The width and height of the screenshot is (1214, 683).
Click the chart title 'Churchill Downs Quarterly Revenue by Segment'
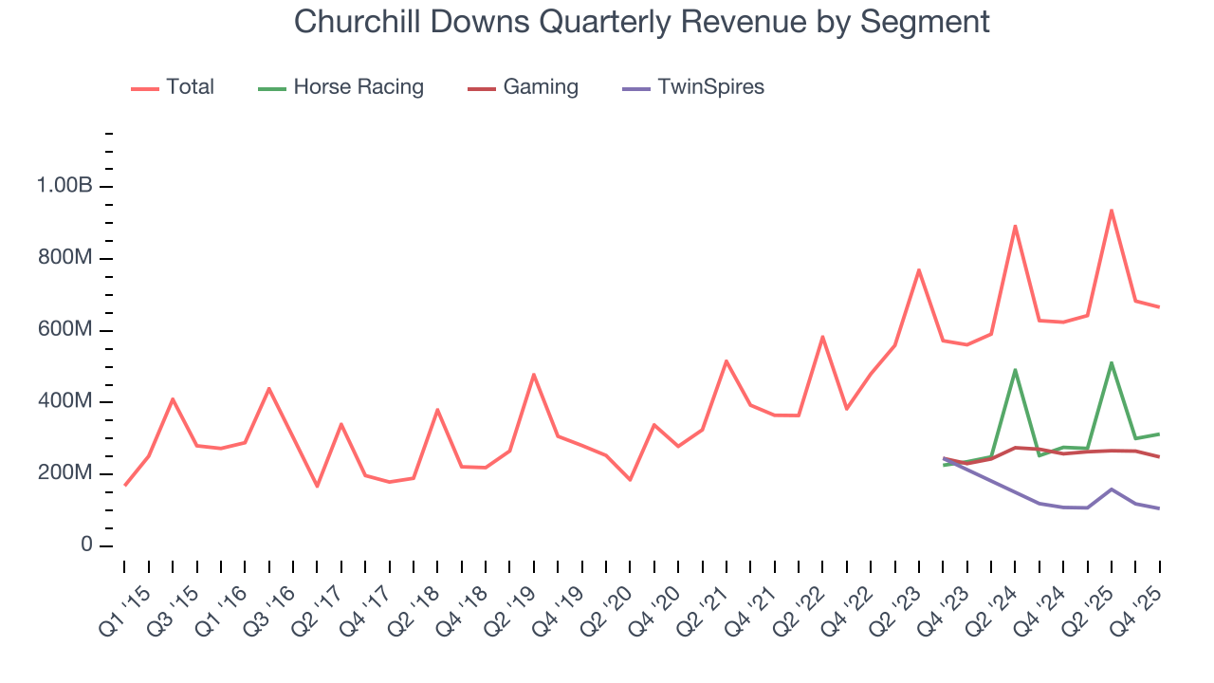pyautogui.click(x=641, y=21)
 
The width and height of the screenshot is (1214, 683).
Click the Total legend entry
pyautogui.click(x=190, y=87)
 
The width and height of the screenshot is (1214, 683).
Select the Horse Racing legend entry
pyautogui.click(x=358, y=87)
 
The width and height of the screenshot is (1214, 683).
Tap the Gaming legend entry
pyautogui.click(x=540, y=87)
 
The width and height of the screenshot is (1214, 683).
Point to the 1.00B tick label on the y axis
pyautogui.click(x=64, y=186)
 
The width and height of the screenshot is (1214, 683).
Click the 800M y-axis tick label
pyautogui.click(x=64, y=258)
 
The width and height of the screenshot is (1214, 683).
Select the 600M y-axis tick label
pyautogui.click(x=64, y=330)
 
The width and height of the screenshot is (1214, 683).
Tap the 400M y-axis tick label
pyautogui.click(x=64, y=402)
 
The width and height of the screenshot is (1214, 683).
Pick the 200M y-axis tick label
pyautogui.click(x=64, y=473)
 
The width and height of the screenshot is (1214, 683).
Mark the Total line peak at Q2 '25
pyautogui.click(x=1111, y=211)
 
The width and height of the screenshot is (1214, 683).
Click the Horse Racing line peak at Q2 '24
pyautogui.click(x=1015, y=370)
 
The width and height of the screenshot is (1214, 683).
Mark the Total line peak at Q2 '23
pyautogui.click(x=919, y=270)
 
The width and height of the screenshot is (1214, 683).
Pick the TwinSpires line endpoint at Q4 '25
pyautogui.click(x=1159, y=508)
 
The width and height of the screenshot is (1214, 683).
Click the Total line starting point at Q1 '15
pyautogui.click(x=125, y=486)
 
